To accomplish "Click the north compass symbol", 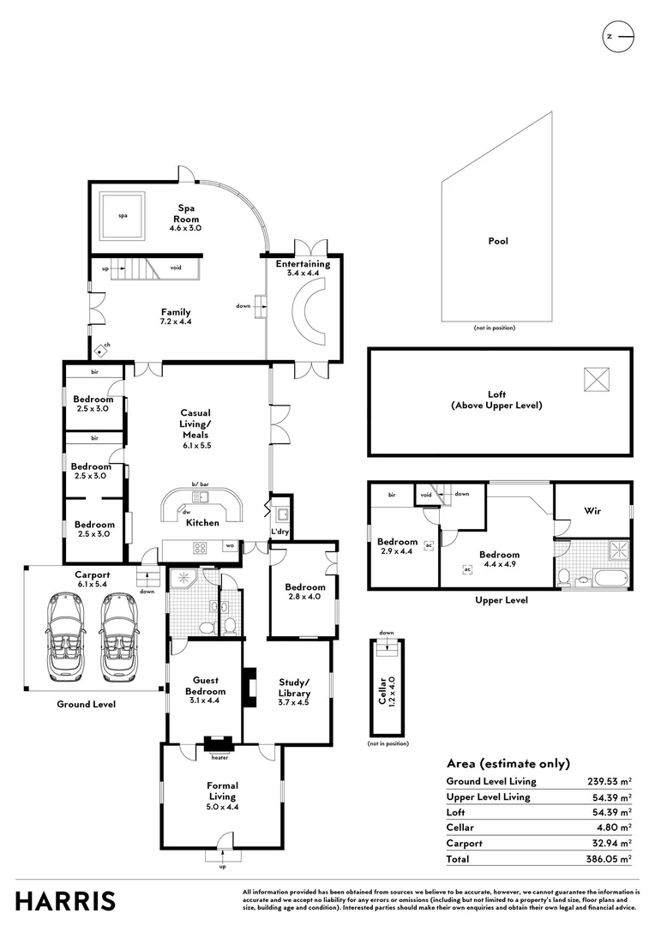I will tap(617, 36).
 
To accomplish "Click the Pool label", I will tap(498, 241).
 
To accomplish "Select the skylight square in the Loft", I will tap(597, 378).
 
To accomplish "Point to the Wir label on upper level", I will tap(592, 511).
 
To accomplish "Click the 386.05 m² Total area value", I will tap(607, 857).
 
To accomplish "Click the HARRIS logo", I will tap(65, 900).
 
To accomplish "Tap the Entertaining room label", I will tap(303, 264).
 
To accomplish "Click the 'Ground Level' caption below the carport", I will tap(86, 704).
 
